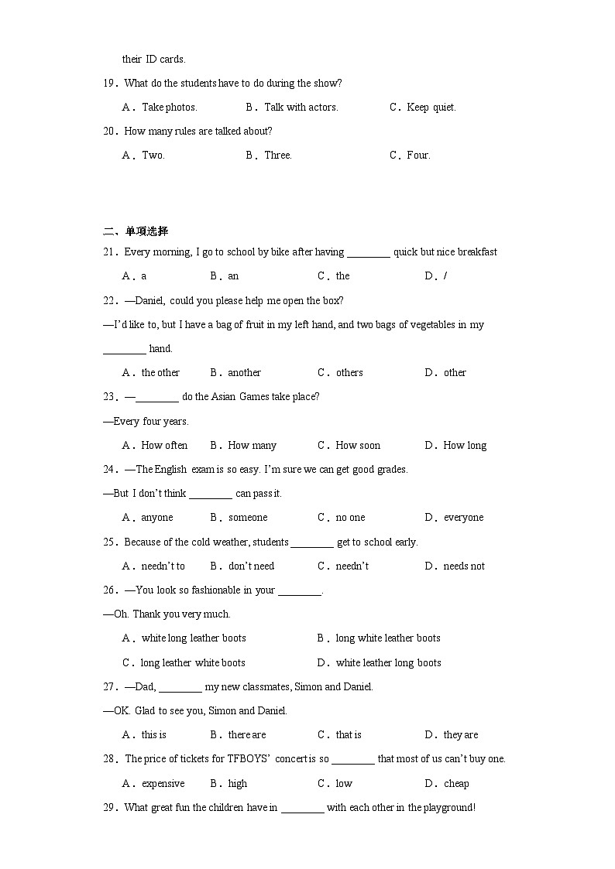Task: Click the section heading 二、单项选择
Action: [x=136, y=231]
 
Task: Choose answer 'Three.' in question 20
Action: [x=277, y=156]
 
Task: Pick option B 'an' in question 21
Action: [x=233, y=276]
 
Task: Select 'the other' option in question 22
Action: [x=160, y=373]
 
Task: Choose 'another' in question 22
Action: [x=244, y=373]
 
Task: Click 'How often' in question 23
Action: [x=164, y=446]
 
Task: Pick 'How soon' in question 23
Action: [x=358, y=446]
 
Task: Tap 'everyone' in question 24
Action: [x=463, y=518]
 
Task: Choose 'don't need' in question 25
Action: [x=251, y=566]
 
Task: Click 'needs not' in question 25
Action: [x=464, y=566]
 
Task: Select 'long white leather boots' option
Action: [x=387, y=638]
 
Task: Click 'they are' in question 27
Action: [x=461, y=735]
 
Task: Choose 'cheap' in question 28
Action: [x=456, y=784]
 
